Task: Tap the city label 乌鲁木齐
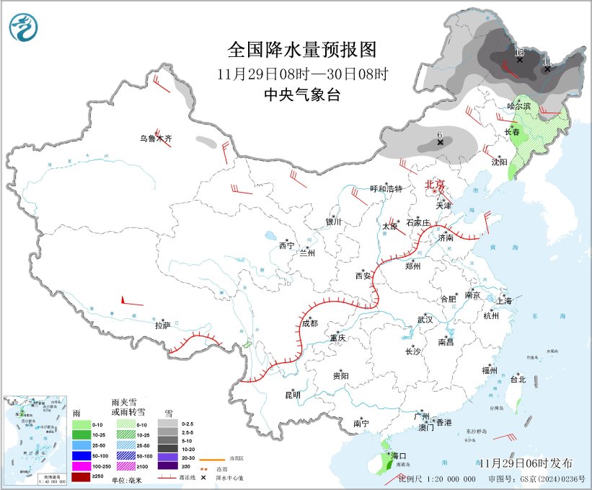(x=156, y=139)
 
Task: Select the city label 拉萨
(x=162, y=325)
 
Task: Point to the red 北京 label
(x=436, y=185)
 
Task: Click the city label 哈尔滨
(x=518, y=106)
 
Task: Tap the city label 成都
(x=309, y=323)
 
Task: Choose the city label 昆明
(x=292, y=395)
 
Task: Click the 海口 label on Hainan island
(x=399, y=456)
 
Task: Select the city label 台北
(x=518, y=379)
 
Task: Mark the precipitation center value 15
(x=519, y=52)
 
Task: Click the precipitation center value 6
(x=439, y=134)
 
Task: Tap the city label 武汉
(x=425, y=320)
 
